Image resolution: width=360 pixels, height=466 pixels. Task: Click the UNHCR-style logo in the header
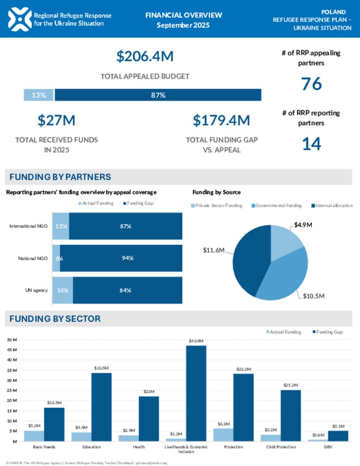point(20,19)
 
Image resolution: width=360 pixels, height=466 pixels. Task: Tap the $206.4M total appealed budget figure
point(145,56)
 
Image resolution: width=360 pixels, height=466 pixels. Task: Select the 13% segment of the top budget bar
point(39,95)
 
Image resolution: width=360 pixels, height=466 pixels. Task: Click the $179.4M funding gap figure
point(221,120)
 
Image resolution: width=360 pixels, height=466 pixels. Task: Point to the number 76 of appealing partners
point(311,84)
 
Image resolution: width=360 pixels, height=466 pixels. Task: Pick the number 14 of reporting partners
point(311,144)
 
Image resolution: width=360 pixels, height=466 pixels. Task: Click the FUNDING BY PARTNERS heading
point(60,177)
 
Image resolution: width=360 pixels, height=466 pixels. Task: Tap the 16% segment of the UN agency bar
point(63,290)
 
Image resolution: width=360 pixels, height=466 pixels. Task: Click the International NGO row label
point(28,226)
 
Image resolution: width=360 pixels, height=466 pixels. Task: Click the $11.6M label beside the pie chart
point(213,250)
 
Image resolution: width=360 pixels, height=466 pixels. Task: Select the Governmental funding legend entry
point(277,205)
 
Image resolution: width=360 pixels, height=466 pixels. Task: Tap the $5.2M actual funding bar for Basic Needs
point(34,436)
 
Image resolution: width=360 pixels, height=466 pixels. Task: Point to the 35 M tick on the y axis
point(12,370)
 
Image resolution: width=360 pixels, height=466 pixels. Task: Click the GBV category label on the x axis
point(328,447)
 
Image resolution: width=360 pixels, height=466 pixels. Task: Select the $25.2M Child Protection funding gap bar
point(291,415)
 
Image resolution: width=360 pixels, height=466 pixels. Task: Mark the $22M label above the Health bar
point(149,391)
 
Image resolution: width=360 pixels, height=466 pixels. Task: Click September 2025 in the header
point(183,25)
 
